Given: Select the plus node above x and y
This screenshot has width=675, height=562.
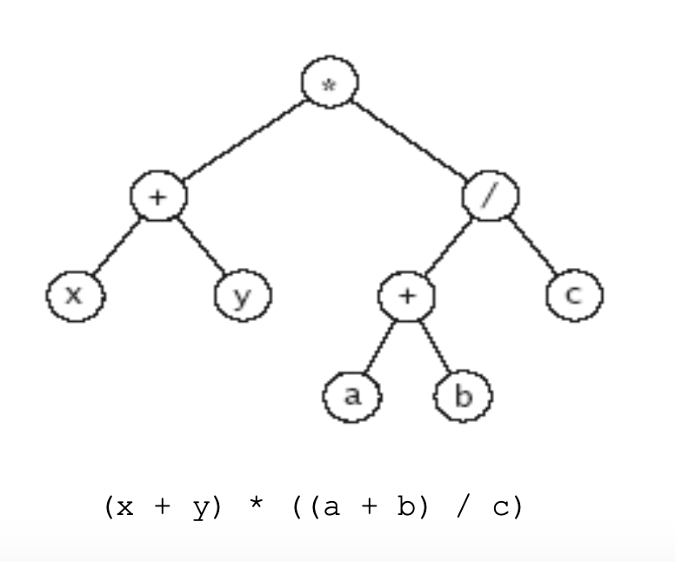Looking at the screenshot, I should (158, 196).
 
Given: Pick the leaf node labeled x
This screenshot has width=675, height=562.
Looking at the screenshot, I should (75, 296).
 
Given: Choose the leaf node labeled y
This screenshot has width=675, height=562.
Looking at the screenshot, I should (243, 296).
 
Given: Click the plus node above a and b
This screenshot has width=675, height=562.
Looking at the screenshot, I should (407, 296).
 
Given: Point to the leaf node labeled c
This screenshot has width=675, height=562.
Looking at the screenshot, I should (574, 296).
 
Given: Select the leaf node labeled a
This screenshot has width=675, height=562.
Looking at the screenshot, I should (351, 397).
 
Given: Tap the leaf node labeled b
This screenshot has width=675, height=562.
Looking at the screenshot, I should (463, 397).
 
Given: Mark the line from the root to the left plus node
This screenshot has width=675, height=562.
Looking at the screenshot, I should (244, 139).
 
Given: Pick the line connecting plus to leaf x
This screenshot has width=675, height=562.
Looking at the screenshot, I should (117, 246).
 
